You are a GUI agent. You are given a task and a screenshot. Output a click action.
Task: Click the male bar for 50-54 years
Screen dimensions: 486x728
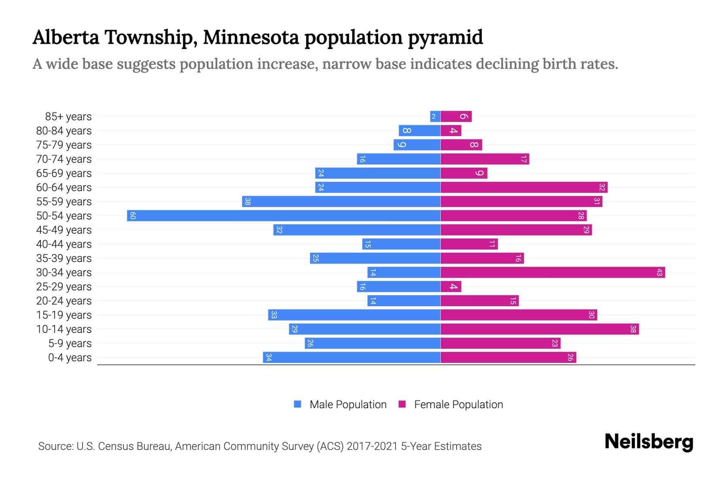(283, 215)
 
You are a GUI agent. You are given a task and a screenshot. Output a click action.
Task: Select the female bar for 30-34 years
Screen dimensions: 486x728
(552, 272)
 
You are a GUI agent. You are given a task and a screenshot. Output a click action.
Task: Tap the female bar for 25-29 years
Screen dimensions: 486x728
(451, 287)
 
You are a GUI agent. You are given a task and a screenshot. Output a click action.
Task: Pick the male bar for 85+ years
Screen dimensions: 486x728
(435, 117)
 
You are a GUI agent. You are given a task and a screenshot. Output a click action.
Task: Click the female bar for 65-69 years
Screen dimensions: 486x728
(463, 173)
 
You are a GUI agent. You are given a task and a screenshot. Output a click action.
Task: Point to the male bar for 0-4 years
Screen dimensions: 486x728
(351, 357)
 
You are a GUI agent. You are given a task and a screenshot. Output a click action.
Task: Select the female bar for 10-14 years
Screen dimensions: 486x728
(540, 329)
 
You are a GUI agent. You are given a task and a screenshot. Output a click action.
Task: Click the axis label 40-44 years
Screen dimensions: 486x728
(64, 244)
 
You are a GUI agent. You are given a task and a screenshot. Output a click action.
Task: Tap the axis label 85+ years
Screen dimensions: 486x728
(68, 117)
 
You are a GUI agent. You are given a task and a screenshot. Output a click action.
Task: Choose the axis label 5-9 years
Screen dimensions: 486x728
(70, 343)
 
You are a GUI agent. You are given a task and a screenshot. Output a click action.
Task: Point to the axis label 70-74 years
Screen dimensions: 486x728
(64, 159)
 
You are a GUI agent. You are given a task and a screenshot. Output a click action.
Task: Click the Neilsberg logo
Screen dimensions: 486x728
(649, 442)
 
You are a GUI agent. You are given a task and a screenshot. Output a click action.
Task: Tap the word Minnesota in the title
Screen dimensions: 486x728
(251, 37)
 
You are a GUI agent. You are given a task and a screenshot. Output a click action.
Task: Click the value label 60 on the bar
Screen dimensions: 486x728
(133, 215)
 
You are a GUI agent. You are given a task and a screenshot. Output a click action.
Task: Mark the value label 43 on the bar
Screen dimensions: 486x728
(659, 272)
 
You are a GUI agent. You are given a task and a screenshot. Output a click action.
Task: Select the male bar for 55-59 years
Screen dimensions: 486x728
(341, 201)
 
